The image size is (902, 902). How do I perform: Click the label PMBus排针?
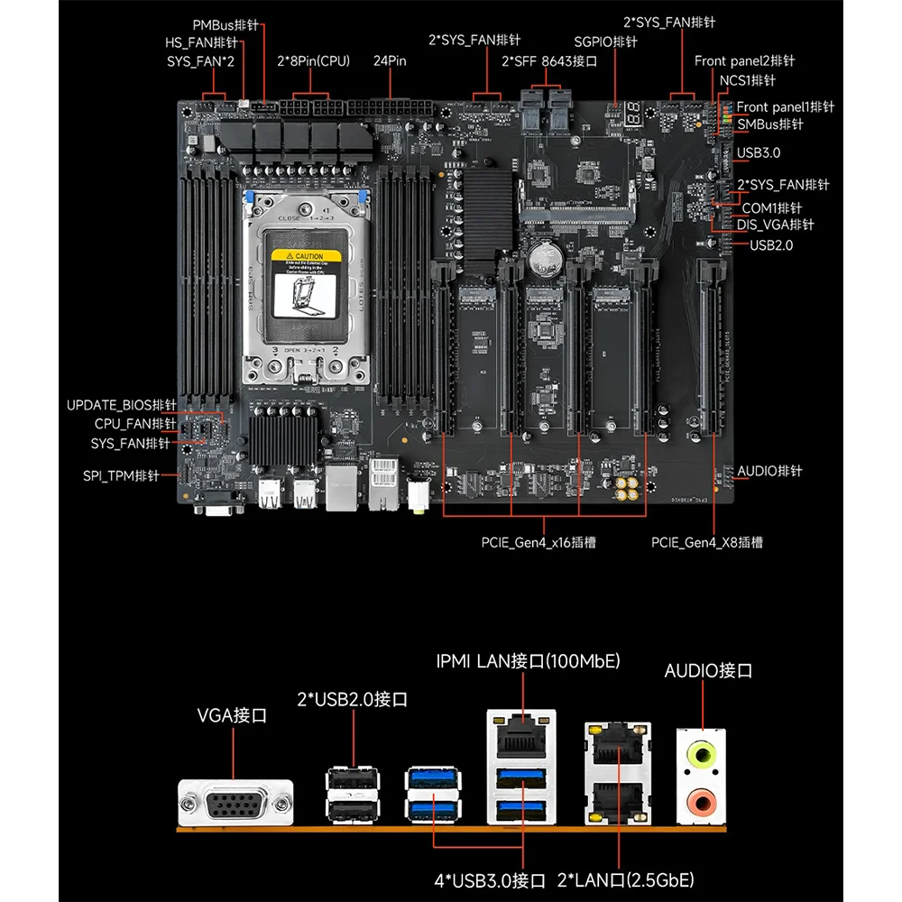[x=226, y=24]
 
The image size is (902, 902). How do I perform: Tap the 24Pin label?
[x=390, y=61]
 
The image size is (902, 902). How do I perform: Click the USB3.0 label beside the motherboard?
[x=758, y=153]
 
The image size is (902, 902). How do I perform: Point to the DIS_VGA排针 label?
[x=777, y=225]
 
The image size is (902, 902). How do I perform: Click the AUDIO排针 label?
[x=769, y=472]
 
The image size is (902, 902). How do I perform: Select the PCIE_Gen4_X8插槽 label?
[x=707, y=543]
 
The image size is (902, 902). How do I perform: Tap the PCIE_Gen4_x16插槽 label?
[x=538, y=543]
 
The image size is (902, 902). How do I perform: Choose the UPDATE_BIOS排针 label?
[x=122, y=405]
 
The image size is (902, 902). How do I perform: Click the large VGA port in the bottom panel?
[x=236, y=800]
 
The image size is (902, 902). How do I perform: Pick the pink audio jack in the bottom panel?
[x=701, y=800]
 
